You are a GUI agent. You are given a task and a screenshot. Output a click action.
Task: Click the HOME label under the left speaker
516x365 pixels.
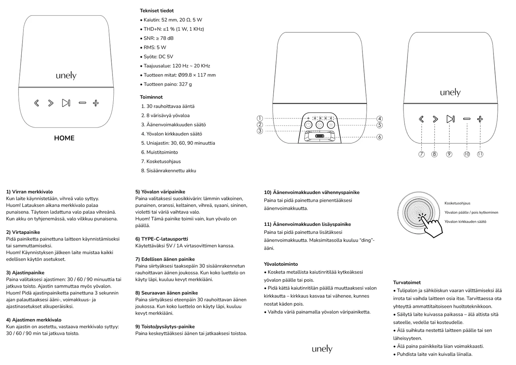pos(64,138)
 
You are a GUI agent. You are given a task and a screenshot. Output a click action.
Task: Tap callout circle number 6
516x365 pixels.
pos(379,137)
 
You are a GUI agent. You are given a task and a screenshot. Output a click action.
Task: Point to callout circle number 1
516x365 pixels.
pos(260,118)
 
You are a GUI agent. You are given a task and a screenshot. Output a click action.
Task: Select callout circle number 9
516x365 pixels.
pos(449,154)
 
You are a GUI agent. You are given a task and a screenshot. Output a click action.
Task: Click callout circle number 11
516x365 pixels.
pos(480,154)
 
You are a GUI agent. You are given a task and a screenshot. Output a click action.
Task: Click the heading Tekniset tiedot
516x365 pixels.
pos(157,11)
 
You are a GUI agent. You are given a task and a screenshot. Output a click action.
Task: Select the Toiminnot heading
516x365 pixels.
pos(151,97)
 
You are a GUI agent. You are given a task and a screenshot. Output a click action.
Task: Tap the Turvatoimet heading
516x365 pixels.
pos(407,283)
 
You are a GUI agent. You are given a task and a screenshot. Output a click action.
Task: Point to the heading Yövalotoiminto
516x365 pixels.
pos(281,264)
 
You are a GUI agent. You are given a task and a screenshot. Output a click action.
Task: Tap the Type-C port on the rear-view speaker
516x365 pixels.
pos(320,137)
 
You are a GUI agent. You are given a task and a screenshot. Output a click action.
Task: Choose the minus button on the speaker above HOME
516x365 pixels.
pos(82,103)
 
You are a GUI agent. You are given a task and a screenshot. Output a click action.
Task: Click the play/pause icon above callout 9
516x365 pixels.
pos(450,119)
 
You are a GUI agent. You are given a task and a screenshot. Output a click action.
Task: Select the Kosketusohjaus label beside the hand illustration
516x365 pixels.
pos(457,203)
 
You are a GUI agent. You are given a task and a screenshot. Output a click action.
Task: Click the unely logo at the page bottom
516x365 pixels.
pos(322,349)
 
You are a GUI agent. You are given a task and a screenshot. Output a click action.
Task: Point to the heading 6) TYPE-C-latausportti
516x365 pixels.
pos(162,239)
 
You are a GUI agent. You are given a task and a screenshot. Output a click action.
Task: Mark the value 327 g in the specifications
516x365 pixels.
pos(185,84)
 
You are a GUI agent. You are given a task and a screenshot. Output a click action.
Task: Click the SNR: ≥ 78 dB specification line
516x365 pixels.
pos(158,38)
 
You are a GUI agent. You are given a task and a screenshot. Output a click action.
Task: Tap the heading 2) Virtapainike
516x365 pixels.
pos(23,232)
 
